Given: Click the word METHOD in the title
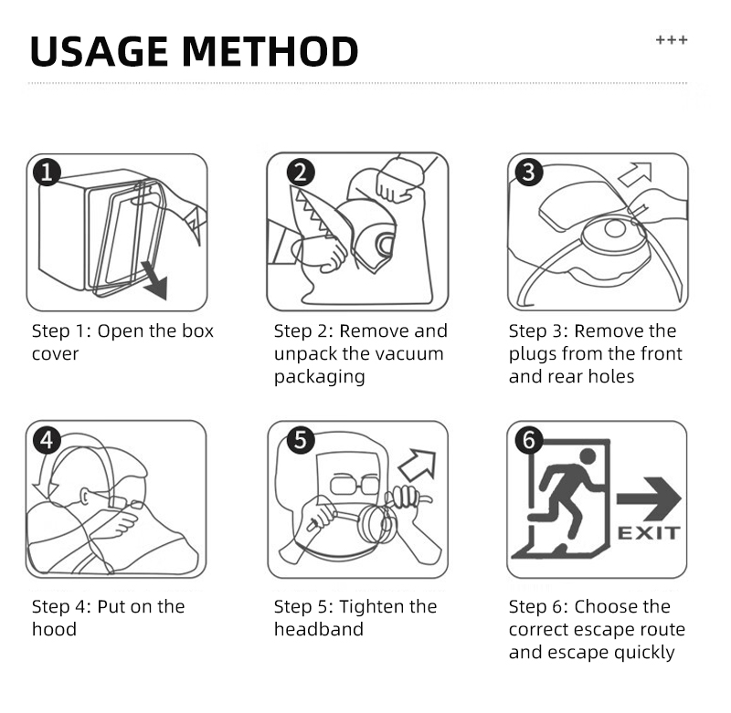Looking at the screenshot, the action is pyautogui.click(x=270, y=51).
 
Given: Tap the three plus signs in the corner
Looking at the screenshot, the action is pyautogui.click(x=672, y=40).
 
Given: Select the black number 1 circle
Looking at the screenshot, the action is pyautogui.click(x=47, y=172).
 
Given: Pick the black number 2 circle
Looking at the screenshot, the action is pyautogui.click(x=301, y=173).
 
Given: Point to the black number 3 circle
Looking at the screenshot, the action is pyautogui.click(x=529, y=172).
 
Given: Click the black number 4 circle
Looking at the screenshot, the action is pyautogui.click(x=47, y=440).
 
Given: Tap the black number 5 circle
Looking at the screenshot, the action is pyautogui.click(x=301, y=440).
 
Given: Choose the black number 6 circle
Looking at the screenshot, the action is pyautogui.click(x=529, y=440).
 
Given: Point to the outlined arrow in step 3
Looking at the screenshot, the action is pyautogui.click(x=635, y=174).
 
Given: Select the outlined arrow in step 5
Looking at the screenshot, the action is pyautogui.click(x=418, y=465).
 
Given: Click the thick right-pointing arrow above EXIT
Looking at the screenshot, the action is pyautogui.click(x=649, y=498).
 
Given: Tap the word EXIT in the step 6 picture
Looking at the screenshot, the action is pyautogui.click(x=649, y=533).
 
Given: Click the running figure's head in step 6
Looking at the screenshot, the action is pyautogui.click(x=588, y=456).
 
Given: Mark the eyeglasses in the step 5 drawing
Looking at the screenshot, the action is pyautogui.click(x=355, y=486).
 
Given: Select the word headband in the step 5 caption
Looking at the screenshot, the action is pyautogui.click(x=319, y=629).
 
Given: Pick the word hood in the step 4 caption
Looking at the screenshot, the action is pyautogui.click(x=54, y=629).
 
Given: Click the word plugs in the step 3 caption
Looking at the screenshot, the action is pyautogui.click(x=533, y=355).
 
